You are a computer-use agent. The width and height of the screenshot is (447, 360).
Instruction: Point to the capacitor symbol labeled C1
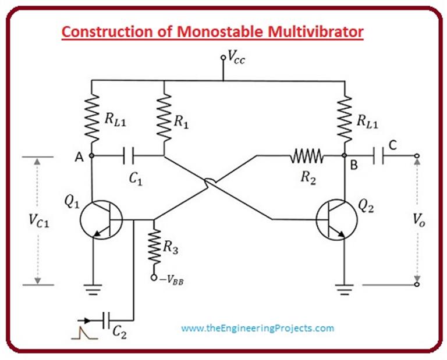coord(129,156)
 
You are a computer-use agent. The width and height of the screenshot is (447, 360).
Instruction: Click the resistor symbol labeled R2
coord(307,156)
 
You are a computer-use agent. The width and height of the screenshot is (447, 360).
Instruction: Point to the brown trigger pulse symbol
coord(79,333)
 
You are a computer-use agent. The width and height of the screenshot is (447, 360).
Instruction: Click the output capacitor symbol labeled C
coord(381,156)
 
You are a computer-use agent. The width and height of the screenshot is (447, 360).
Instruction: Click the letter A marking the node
coord(76,155)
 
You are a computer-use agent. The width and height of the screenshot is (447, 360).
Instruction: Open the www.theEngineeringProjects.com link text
coord(257,328)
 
